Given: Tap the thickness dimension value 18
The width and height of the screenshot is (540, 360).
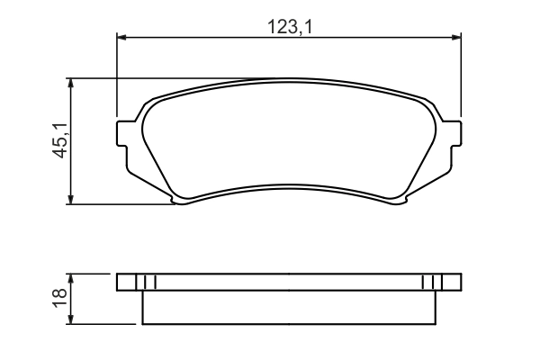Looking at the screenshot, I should [59, 297].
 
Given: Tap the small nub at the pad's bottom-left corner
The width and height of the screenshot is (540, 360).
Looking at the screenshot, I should [180, 201].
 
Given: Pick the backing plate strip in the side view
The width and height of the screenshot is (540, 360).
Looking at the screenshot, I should [289, 282].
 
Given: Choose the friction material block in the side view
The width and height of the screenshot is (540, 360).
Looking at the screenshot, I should [289, 307].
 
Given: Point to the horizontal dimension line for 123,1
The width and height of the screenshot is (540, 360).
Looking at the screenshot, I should [225, 37].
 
